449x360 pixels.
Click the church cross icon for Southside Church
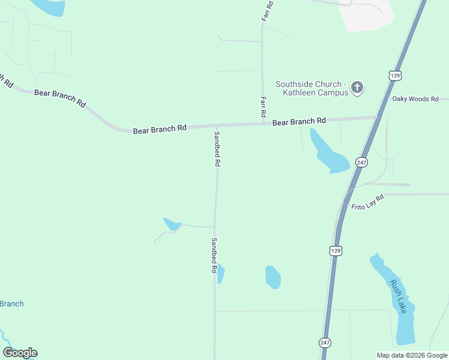pos(357,88)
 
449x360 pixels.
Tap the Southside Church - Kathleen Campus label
pos(312,88)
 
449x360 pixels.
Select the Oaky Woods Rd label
pos(415,99)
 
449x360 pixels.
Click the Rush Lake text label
pos(398,296)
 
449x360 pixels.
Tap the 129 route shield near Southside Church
pos(394,76)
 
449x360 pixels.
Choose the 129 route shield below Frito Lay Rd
pos(336,250)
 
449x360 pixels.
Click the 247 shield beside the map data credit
pos(325,343)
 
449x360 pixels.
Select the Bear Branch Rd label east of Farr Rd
pos(299,122)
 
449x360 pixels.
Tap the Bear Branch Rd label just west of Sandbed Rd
pos(160,129)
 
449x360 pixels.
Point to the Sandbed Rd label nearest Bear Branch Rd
pos(217,149)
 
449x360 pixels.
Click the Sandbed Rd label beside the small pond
pos(213,256)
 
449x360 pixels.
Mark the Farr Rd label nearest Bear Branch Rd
pos(262,107)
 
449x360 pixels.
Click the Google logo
pos(20,353)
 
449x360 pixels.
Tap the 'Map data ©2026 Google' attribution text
pos(412,355)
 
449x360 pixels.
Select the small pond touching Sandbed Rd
pos(221,274)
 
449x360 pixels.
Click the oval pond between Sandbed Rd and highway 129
pos(273,277)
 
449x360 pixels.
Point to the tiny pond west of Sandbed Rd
pos(172,224)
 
